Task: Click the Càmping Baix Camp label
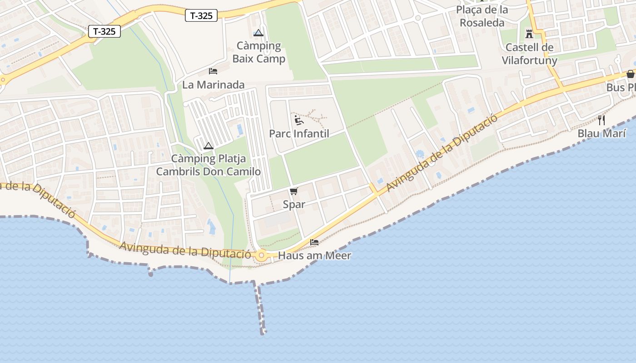tap(258, 52)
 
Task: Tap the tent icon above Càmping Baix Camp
tap(258, 33)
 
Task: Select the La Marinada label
tap(213, 84)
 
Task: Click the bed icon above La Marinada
tap(213, 71)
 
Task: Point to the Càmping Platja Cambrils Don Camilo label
tap(208, 165)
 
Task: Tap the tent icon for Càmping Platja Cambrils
tap(209, 146)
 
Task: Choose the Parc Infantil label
tap(299, 134)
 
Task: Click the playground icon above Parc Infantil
tap(298, 120)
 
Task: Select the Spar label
tap(294, 204)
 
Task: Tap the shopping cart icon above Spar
tap(294, 191)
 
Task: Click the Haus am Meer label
tap(314, 255)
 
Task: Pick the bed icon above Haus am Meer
tap(314, 242)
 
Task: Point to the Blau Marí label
tap(601, 133)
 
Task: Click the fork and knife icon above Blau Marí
tap(601, 120)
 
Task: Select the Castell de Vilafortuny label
tap(529, 54)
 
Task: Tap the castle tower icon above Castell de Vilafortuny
tap(529, 34)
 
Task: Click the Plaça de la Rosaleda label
tap(482, 16)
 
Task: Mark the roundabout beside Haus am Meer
tap(261, 256)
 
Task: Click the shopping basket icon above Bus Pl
tap(630, 74)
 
